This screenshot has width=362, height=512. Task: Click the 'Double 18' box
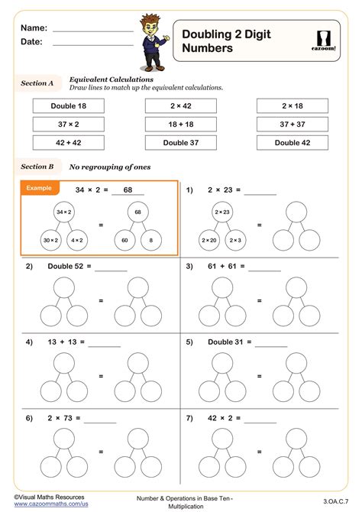click(68, 106)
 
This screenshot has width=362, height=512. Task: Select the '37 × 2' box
click(68, 124)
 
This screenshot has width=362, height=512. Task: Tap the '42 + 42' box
click(68, 142)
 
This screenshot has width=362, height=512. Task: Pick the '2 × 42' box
click(181, 106)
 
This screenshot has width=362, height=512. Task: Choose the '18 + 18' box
click(181, 124)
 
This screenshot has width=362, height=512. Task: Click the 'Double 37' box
click(181, 142)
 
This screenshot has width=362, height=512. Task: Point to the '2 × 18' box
click(293, 106)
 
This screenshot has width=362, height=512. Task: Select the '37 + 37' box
click(293, 124)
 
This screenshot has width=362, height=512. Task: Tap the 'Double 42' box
click(293, 142)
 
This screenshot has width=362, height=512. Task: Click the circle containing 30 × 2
click(52, 240)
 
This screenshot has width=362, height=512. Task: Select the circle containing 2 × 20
click(209, 240)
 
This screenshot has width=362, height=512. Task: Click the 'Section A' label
click(37, 83)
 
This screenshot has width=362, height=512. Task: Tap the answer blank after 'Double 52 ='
click(112, 269)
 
